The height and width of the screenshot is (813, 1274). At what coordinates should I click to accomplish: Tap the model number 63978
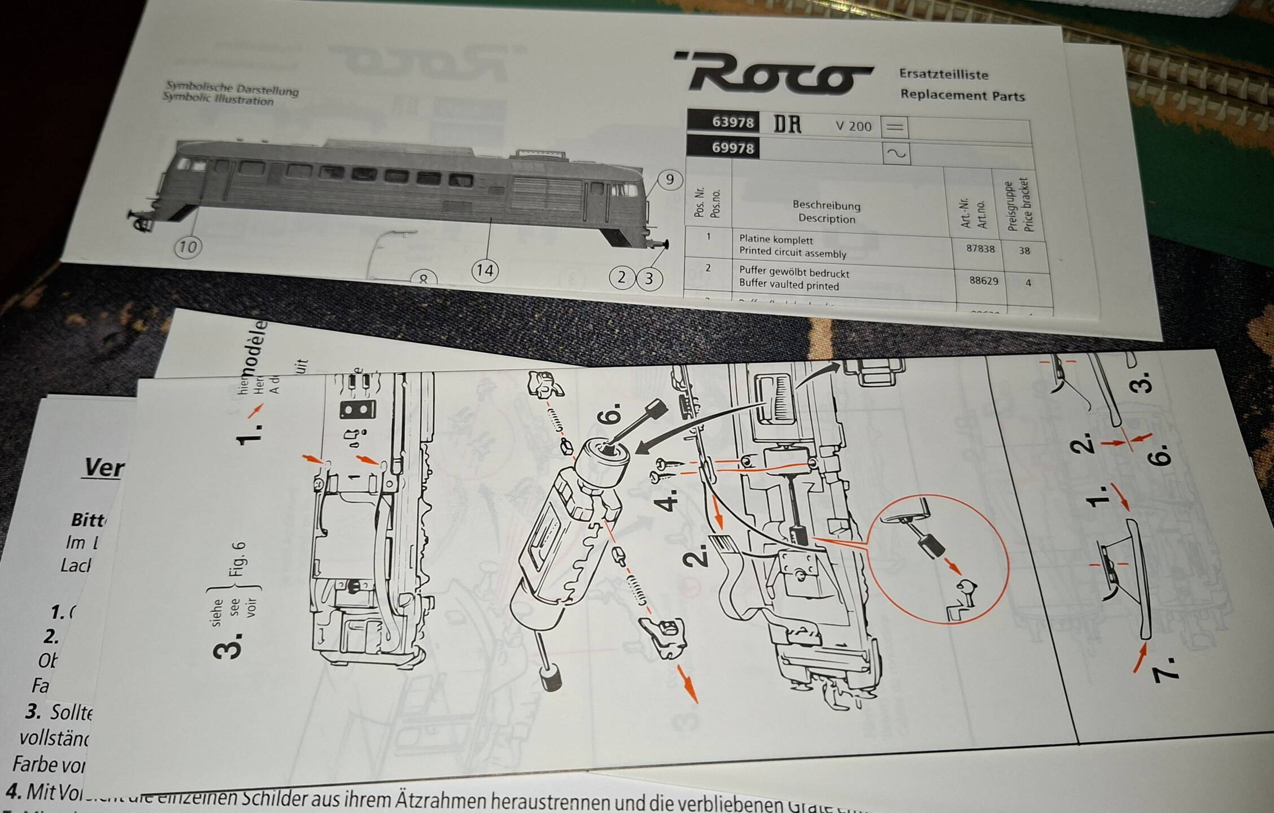click(x=732, y=121)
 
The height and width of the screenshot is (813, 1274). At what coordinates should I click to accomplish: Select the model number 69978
click(x=732, y=148)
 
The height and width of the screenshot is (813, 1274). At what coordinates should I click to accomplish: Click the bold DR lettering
click(x=787, y=124)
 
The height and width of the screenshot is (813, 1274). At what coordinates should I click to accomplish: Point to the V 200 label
click(x=853, y=126)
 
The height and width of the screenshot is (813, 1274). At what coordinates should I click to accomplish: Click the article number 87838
click(x=980, y=248)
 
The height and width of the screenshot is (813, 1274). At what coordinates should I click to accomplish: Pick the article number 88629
click(x=983, y=280)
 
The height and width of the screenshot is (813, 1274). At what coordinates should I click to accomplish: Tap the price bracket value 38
click(x=1024, y=251)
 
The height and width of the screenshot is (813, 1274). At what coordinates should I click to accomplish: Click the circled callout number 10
click(x=188, y=247)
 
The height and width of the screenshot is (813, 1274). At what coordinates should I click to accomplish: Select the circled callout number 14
click(x=485, y=270)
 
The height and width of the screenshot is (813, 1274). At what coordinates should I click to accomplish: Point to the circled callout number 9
click(x=670, y=180)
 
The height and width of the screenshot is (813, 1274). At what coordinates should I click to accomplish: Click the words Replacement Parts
click(x=962, y=95)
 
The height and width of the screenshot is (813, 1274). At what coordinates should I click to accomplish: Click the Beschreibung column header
click(x=826, y=205)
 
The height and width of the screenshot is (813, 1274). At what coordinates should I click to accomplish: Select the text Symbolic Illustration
click(x=218, y=99)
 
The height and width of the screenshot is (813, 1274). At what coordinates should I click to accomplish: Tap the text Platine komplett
click(x=776, y=239)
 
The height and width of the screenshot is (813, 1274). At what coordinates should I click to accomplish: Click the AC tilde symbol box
click(x=896, y=153)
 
